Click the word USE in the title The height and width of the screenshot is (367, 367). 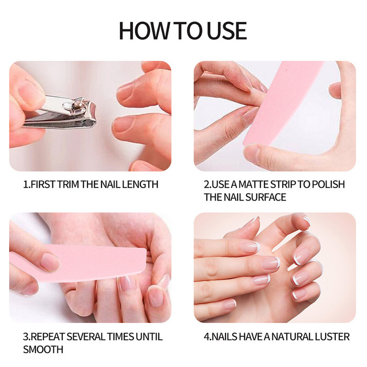(x=227, y=31)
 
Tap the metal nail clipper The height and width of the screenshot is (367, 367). (x=60, y=112)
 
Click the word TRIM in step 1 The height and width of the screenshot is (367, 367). (x=68, y=184)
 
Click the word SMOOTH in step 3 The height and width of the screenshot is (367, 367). (x=43, y=350)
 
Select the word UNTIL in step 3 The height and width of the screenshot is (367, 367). (x=149, y=337)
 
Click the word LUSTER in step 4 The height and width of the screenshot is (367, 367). (x=332, y=337)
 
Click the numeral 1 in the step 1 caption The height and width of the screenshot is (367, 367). (x=25, y=184)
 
